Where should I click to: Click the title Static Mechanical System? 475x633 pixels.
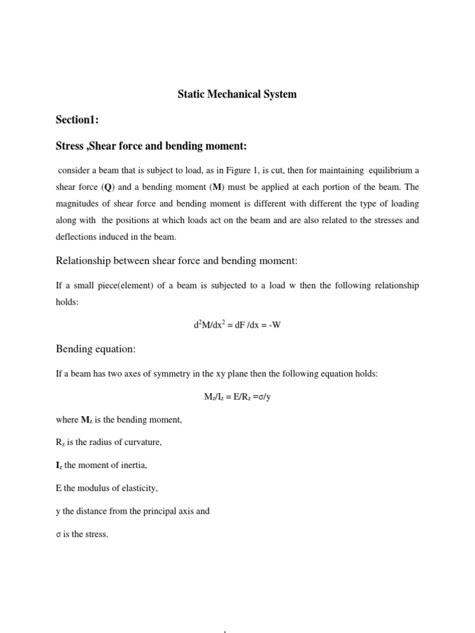point(237,95)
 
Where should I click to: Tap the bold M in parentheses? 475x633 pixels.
point(221,187)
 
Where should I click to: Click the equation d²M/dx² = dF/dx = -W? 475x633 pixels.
point(237,325)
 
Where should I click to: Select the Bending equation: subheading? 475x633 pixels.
point(95,349)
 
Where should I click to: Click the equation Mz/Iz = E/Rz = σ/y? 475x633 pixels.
point(237,397)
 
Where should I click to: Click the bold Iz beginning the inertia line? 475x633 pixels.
point(59,465)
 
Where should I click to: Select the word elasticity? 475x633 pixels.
point(140,488)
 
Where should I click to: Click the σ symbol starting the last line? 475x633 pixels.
point(58,534)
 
